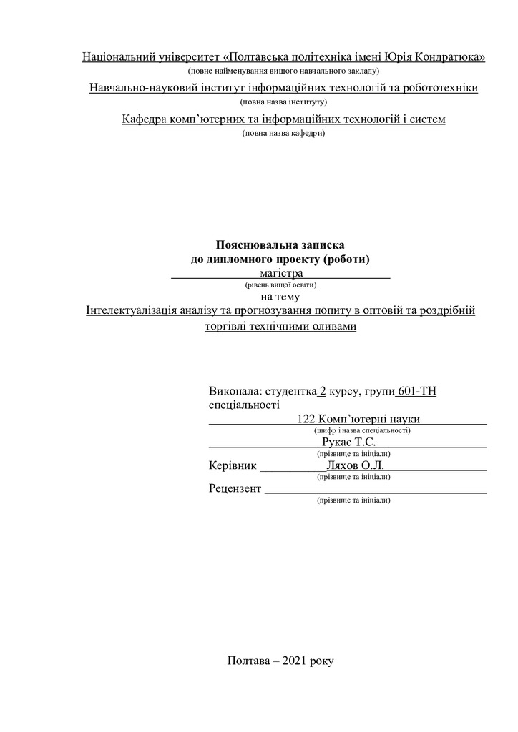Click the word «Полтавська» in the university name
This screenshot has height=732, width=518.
(x=255, y=56)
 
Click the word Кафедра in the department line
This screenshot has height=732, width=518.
(x=146, y=119)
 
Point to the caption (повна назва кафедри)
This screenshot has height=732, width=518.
(x=284, y=133)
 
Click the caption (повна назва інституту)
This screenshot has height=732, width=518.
(x=284, y=102)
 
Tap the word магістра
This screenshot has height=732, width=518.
(x=282, y=272)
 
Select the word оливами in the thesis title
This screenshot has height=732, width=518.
(x=334, y=326)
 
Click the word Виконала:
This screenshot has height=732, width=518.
(x=235, y=391)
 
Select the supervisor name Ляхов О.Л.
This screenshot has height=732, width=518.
(x=354, y=465)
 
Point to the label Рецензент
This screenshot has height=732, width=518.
(x=235, y=489)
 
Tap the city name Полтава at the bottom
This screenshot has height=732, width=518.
(x=248, y=661)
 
